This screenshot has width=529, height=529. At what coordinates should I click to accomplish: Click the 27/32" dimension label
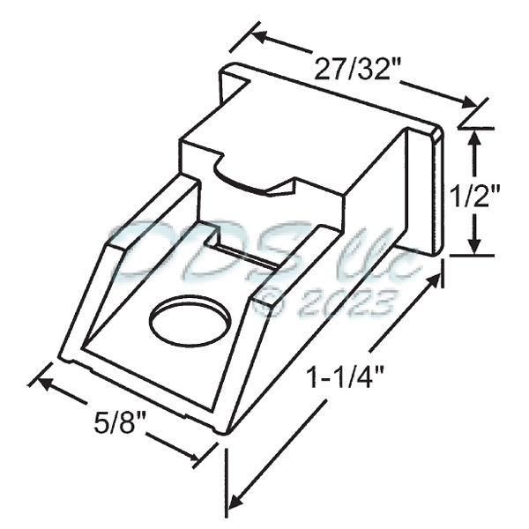[x=355, y=69]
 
